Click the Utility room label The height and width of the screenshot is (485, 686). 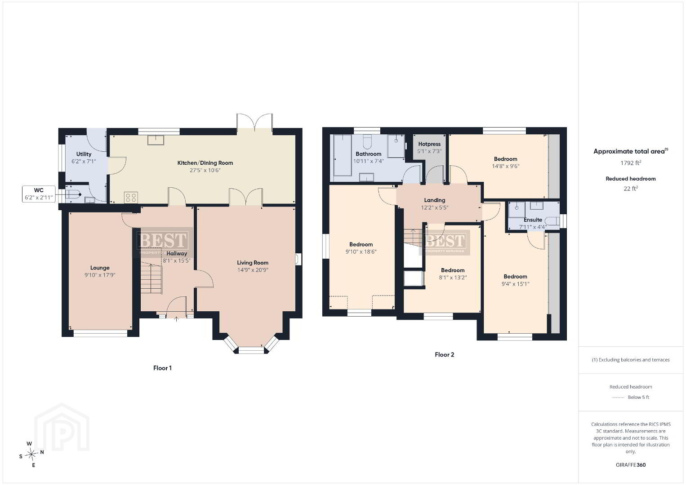point(84,154)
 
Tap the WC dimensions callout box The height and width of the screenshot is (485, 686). point(39,194)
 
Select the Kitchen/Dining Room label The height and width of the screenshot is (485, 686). point(205,163)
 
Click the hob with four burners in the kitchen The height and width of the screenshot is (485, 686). point(131,197)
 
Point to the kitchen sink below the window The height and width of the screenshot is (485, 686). point(156,140)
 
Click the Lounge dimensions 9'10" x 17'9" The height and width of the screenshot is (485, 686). point(100,275)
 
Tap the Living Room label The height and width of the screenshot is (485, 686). point(253,263)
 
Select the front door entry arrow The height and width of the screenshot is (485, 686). point(176,319)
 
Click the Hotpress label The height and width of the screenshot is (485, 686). point(429,144)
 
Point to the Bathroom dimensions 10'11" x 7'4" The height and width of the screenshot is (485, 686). point(369,161)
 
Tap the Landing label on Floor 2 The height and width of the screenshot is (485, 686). point(435,200)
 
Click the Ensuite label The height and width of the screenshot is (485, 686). point(533,220)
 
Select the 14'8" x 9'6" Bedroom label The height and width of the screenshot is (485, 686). point(506,159)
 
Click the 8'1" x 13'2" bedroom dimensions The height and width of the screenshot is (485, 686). point(453,278)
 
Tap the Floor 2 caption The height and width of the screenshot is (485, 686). point(444,355)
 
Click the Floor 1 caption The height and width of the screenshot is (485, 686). point(162,368)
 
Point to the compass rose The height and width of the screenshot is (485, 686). point(31,454)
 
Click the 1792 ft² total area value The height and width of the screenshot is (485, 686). point(631,163)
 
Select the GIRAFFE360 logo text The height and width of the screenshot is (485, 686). point(631,465)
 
